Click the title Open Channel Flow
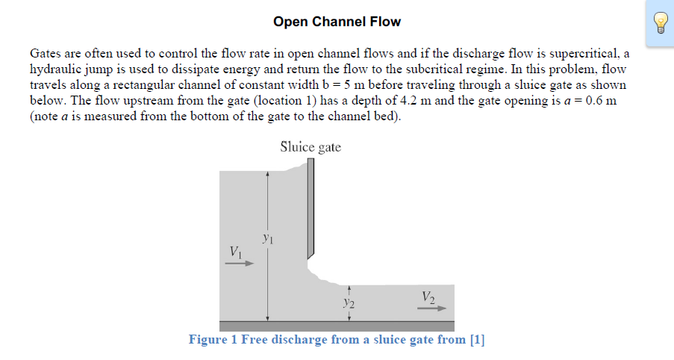[x=337, y=22]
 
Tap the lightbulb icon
[x=660, y=23]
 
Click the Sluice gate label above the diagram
[x=311, y=147]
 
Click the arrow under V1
[x=240, y=263]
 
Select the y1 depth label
[x=269, y=238]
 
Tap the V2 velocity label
[x=428, y=296]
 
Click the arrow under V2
[x=432, y=308]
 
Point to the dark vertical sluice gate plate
[x=311, y=209]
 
